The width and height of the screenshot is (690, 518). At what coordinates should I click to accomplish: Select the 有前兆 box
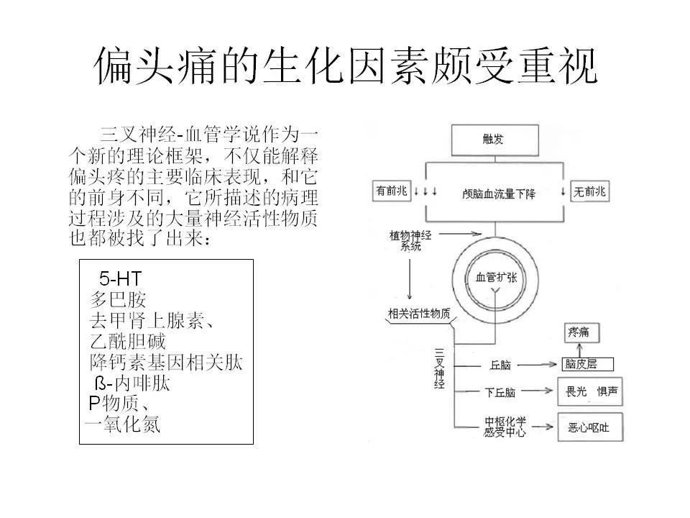[392, 191]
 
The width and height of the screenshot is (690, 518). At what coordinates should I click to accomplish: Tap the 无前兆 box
[589, 191]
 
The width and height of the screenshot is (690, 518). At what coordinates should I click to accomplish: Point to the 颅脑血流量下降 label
[499, 194]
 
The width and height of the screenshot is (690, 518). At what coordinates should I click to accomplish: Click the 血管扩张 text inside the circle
[496, 278]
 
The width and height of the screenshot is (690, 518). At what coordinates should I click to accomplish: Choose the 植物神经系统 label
[410, 240]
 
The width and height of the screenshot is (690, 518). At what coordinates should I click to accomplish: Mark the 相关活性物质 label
[419, 314]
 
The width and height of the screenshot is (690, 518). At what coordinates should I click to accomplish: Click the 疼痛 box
[581, 332]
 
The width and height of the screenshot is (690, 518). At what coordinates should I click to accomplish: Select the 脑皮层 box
[587, 364]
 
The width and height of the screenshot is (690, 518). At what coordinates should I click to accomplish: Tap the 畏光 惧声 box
[591, 391]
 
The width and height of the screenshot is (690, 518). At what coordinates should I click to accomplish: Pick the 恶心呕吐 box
[591, 427]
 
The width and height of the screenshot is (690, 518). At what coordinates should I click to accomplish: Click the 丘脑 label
[500, 365]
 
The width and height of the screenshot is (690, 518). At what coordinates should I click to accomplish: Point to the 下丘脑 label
[500, 392]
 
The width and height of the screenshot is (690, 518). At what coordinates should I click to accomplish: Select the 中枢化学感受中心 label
[505, 427]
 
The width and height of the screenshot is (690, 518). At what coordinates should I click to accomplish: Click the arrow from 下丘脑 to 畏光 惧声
[537, 391]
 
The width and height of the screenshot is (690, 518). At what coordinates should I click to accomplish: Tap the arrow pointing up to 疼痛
[579, 350]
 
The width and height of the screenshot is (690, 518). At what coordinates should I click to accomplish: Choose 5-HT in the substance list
[120, 278]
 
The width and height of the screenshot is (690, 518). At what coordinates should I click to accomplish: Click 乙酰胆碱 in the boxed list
[128, 341]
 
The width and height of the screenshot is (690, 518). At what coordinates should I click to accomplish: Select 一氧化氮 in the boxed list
[122, 424]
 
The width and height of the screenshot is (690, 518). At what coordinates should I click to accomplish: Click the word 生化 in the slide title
[303, 66]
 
